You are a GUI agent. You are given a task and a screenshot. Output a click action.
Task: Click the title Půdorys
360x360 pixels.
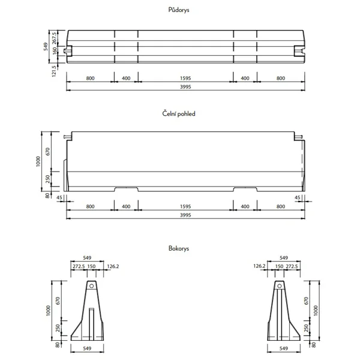(179, 10)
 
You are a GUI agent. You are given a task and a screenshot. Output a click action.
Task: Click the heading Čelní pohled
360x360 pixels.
(179, 113)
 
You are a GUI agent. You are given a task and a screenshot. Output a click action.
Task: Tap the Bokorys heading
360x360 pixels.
(179, 248)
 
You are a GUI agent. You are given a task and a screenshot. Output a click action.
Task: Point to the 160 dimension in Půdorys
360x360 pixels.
(55, 50)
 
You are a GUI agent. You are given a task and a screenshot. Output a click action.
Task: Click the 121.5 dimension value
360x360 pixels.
(55, 72)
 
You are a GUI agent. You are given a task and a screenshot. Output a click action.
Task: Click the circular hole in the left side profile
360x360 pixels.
(91, 287)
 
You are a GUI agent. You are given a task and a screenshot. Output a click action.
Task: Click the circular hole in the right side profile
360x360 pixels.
(278, 287)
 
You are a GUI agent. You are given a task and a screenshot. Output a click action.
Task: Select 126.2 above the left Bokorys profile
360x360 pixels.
(112, 266)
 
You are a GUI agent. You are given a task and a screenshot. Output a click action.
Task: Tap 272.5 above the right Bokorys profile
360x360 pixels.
(291, 266)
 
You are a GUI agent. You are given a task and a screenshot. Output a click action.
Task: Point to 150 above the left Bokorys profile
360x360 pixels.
(92, 266)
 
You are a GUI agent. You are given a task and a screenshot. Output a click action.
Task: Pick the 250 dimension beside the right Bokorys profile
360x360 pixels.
(307, 329)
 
